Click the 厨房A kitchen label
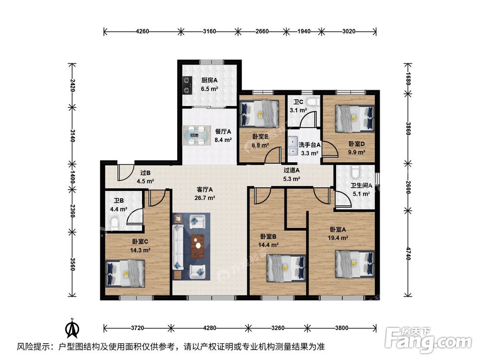pyautogui.click(x=209, y=81)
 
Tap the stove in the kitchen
pyautogui.click(x=187, y=85)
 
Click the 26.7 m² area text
pyautogui.click(x=205, y=198)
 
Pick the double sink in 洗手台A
pyautogui.click(x=293, y=145)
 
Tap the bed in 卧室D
pyautogui.click(x=355, y=119)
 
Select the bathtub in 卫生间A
pyautogui.click(x=355, y=173)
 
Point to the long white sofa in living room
pyautogui.click(x=178, y=247)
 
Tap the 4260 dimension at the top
pyautogui.click(x=142, y=31)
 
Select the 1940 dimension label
pyautogui.click(x=304, y=31)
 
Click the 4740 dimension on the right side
pyautogui.click(x=408, y=253)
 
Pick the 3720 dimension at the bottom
pyautogui.click(x=137, y=328)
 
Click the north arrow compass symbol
pyautogui.click(x=72, y=328)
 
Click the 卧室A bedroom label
pyautogui.click(x=337, y=229)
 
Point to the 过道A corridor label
pyautogui.click(x=291, y=170)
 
